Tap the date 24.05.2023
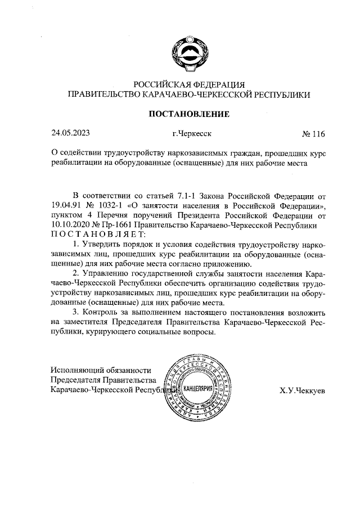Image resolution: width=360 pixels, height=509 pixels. [70, 133]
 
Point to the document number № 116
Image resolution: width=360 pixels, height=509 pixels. [313, 134]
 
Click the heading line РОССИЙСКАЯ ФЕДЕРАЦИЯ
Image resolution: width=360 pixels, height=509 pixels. [188, 85]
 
